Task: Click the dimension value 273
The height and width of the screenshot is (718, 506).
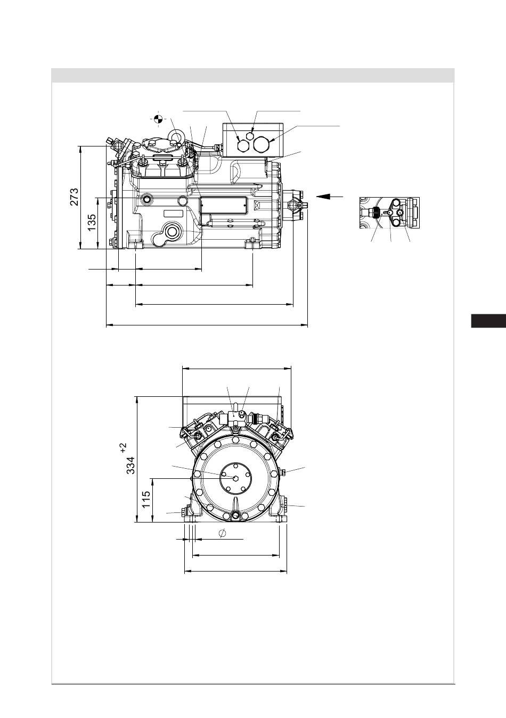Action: point(74,197)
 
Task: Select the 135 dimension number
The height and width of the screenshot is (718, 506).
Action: point(92,223)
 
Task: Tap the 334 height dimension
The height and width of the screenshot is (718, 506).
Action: point(130,465)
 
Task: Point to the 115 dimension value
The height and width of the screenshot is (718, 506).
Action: point(146,499)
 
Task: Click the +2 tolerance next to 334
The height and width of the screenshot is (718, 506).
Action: point(124,448)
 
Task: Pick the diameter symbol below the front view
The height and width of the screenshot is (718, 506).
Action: point(222,533)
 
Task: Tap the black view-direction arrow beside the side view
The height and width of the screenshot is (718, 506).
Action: point(329,197)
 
